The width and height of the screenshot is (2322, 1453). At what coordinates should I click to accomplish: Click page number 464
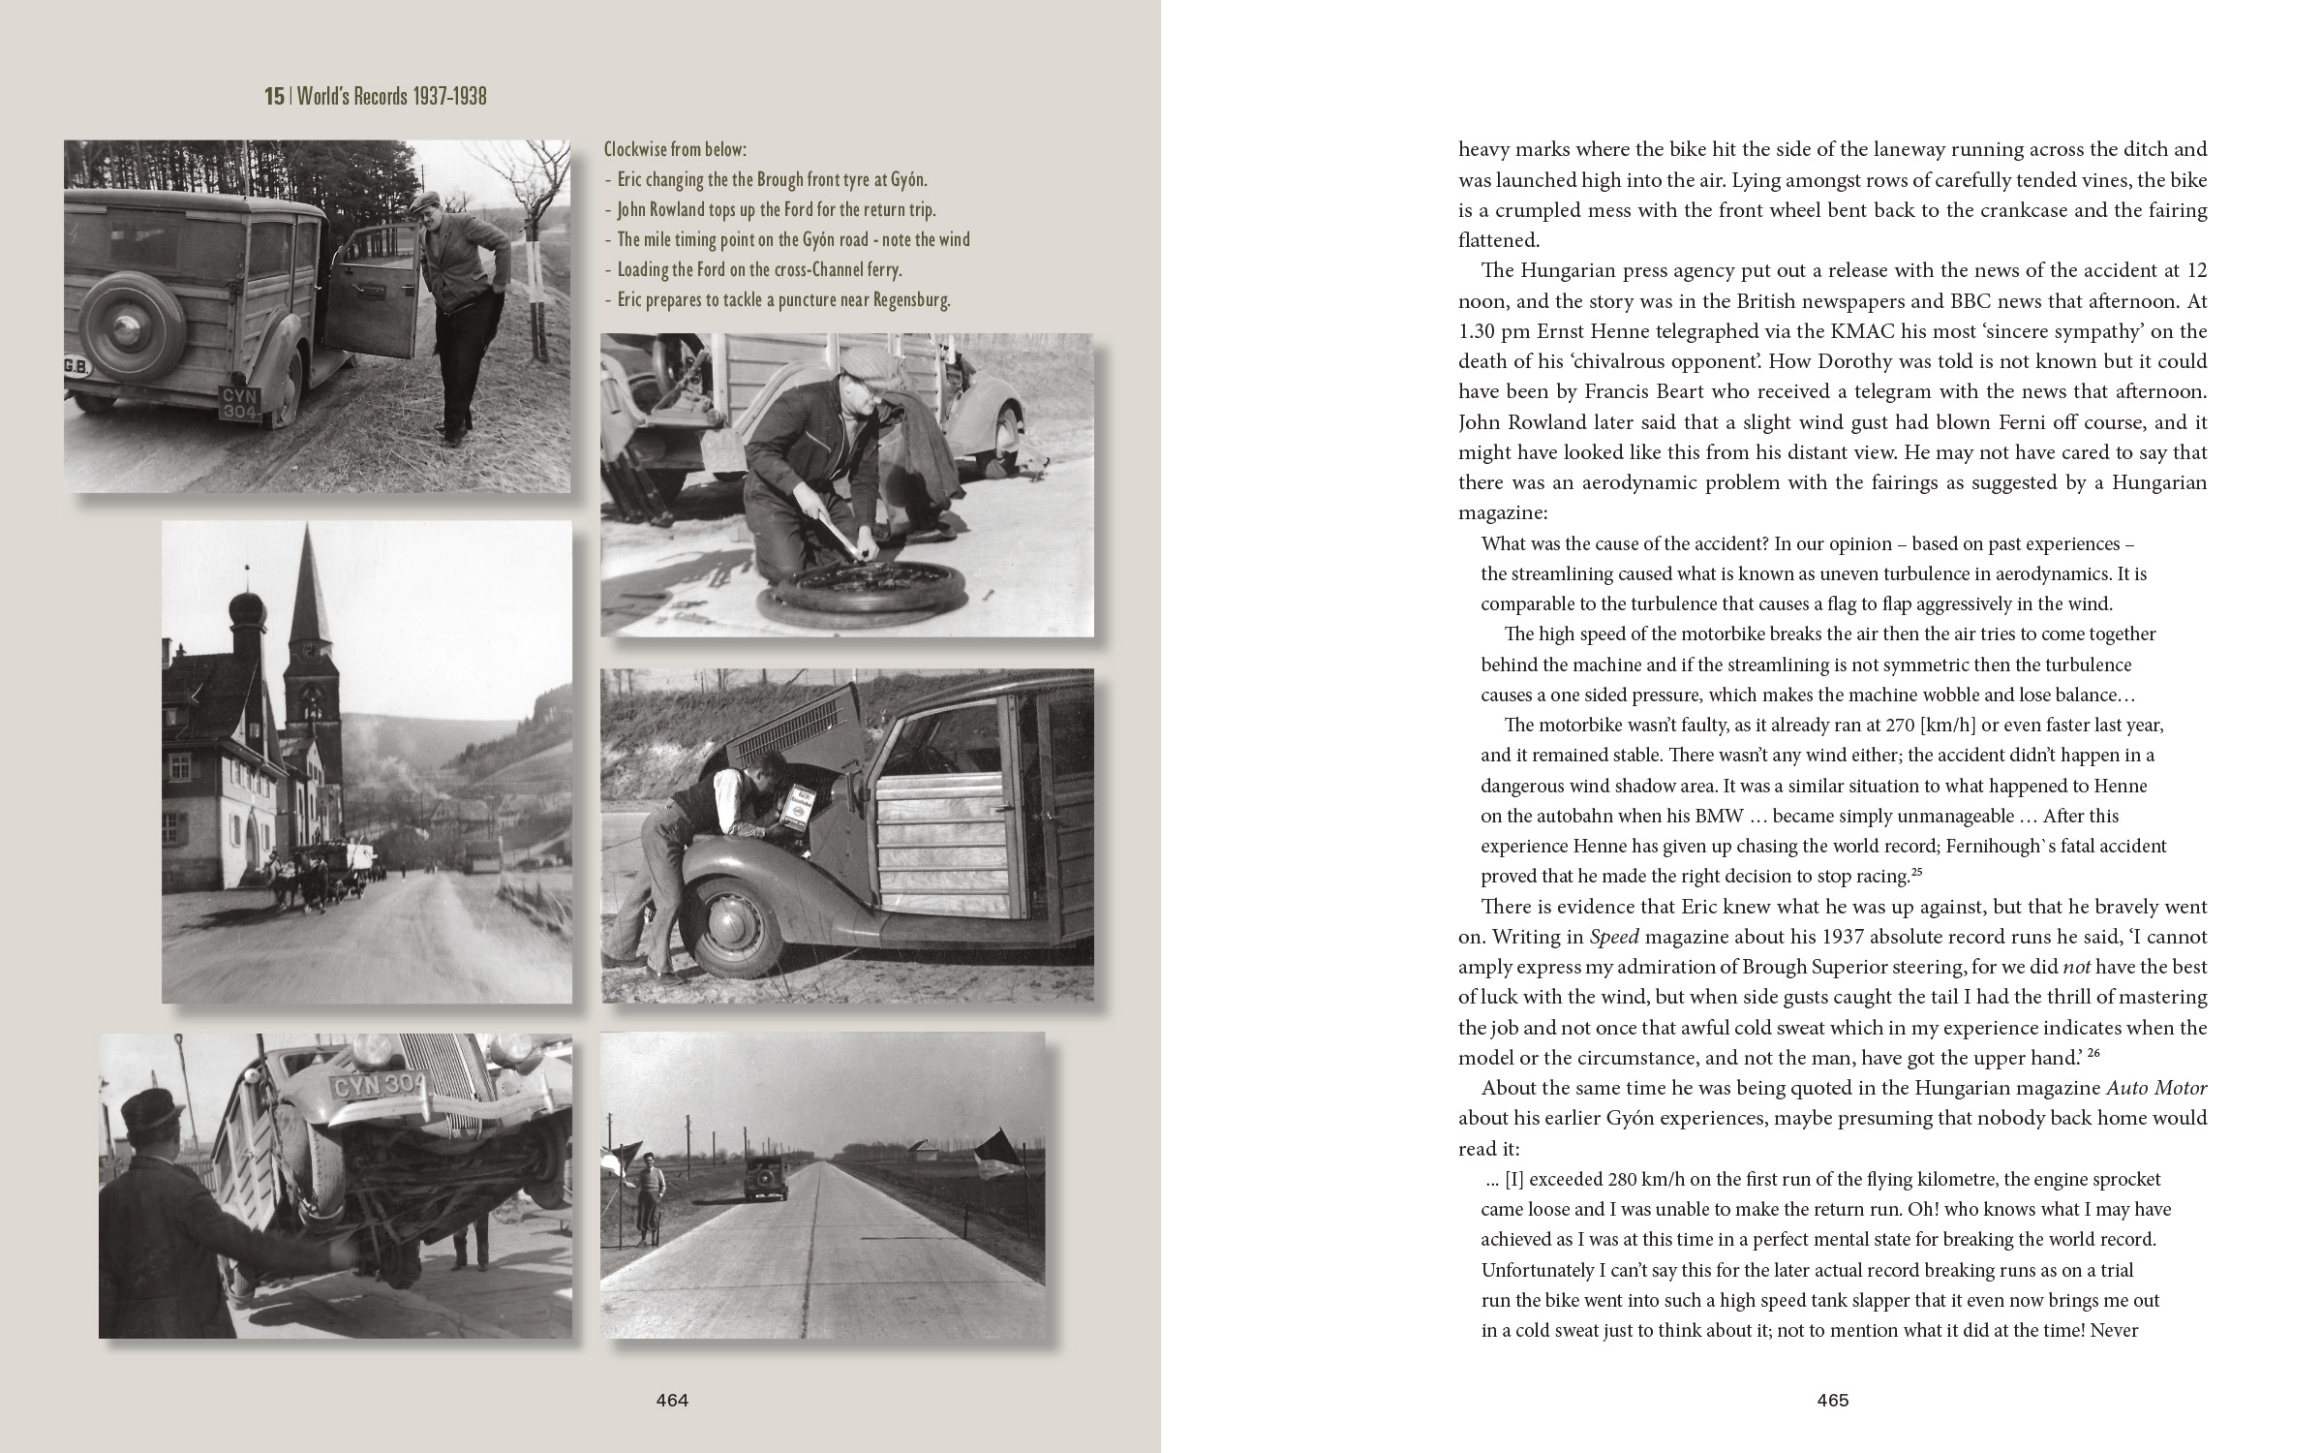671,1400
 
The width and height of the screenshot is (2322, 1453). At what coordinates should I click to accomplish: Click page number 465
1832,1400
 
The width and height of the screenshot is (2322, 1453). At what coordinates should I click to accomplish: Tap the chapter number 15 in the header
274,96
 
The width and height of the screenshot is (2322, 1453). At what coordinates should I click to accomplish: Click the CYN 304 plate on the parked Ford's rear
240,403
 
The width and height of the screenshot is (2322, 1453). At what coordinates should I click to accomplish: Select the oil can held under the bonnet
798,807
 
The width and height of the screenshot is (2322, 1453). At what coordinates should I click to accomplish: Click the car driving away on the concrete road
758,1176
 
